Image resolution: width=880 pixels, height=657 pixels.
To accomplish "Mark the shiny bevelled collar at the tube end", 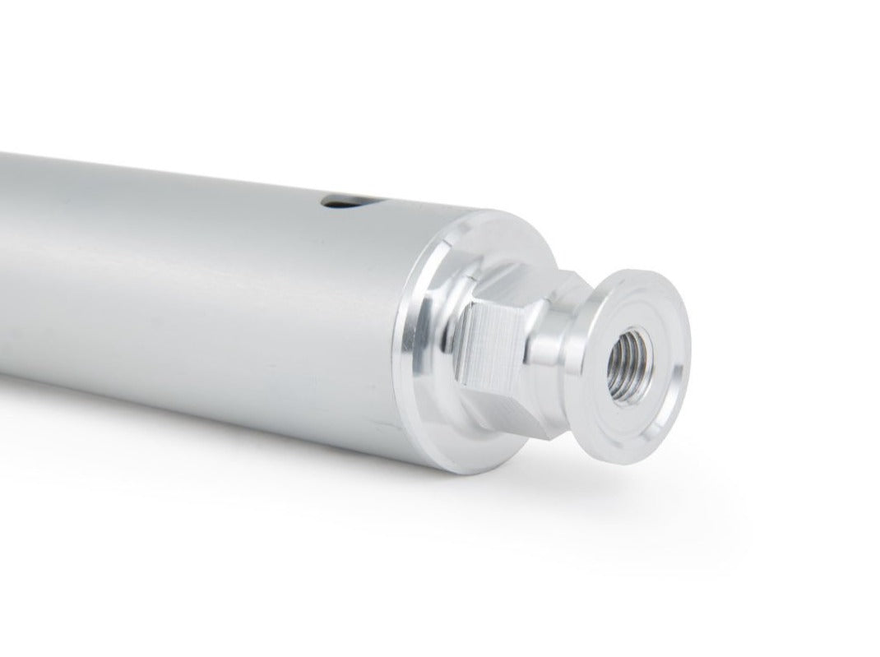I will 419,345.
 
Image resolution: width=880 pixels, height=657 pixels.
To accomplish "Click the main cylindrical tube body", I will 206,296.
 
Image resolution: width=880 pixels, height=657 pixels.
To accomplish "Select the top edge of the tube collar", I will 485,215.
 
